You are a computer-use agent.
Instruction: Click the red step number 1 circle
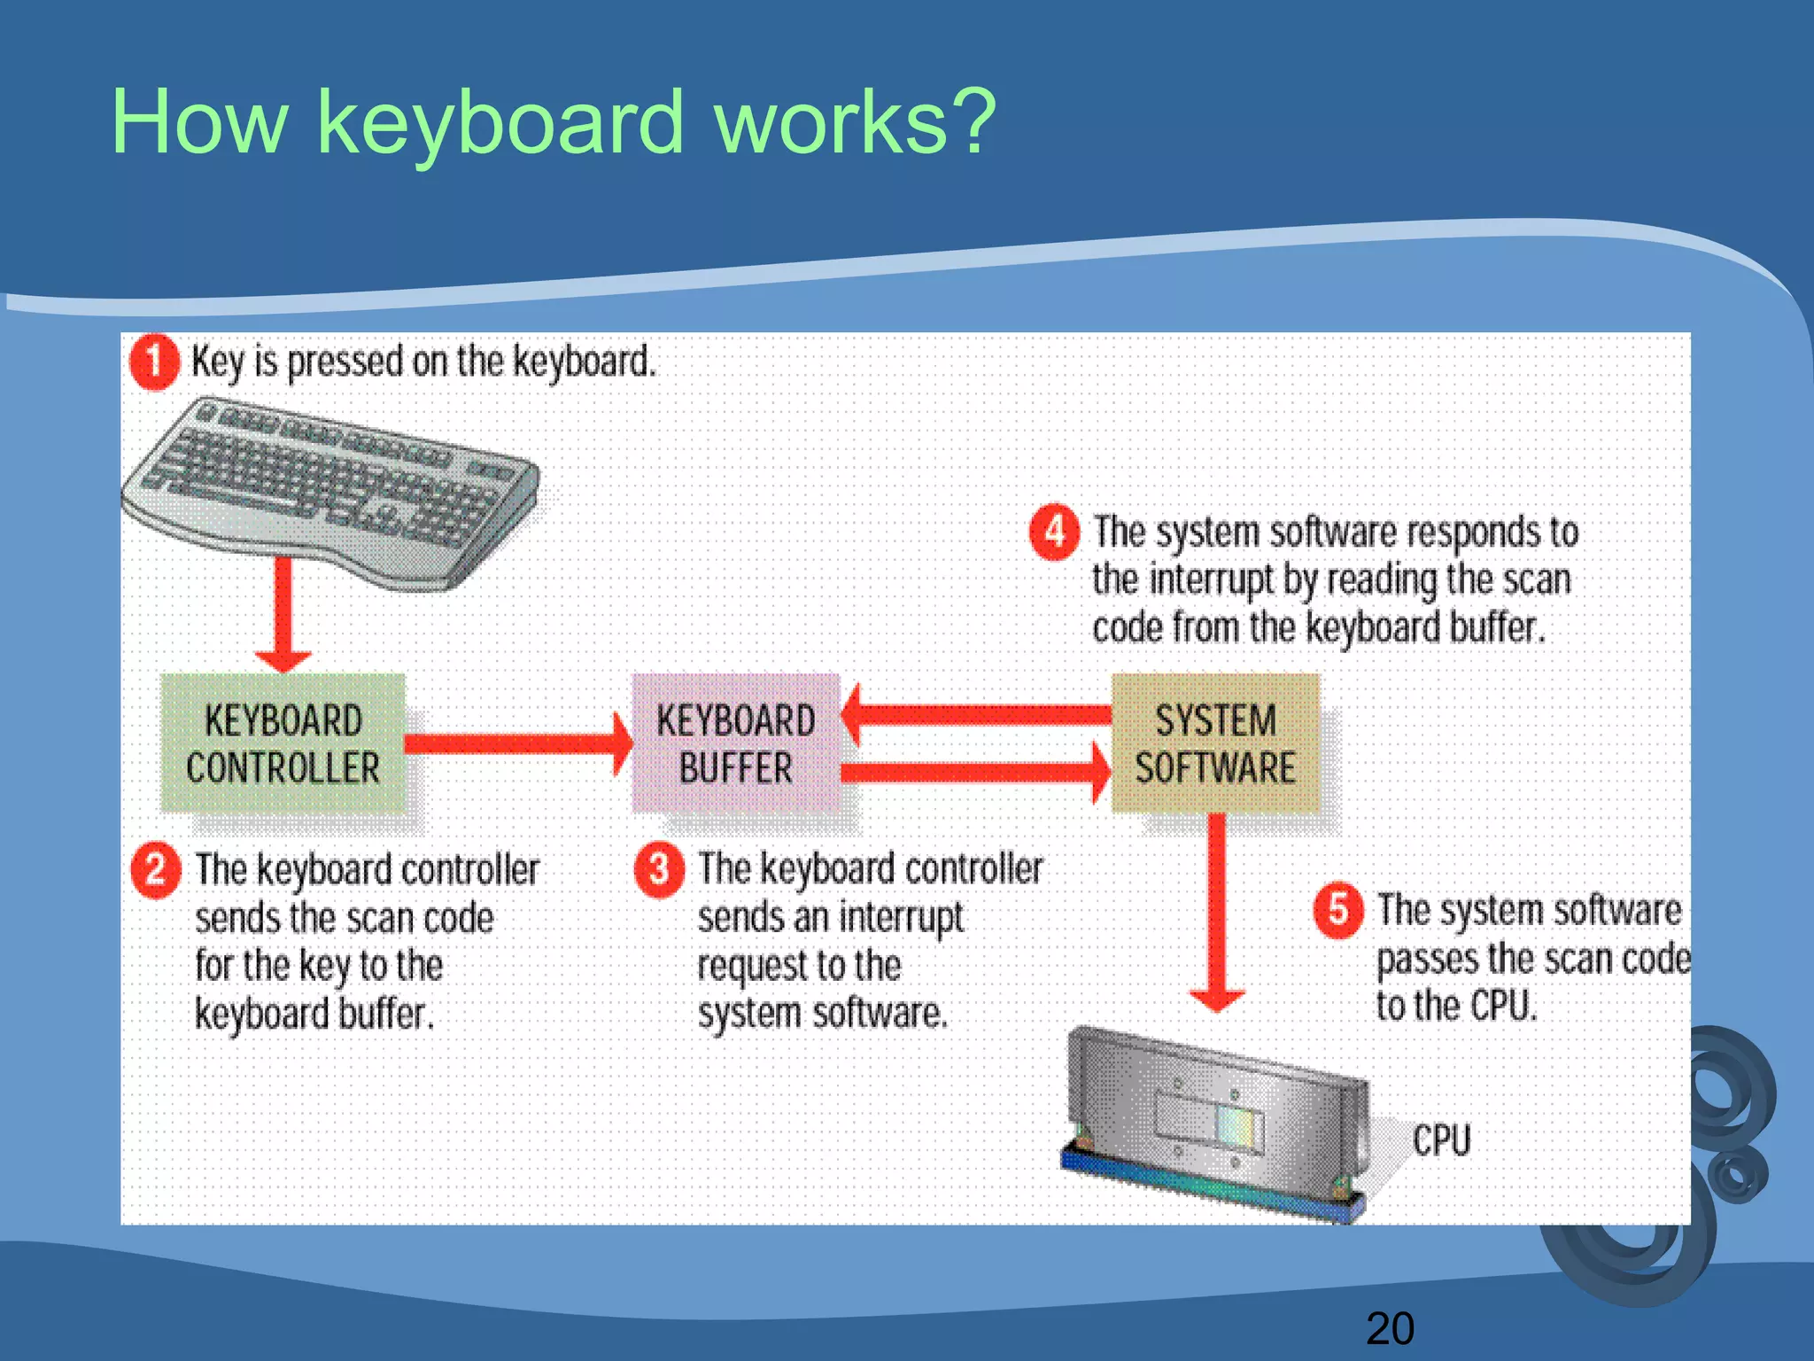click(x=154, y=362)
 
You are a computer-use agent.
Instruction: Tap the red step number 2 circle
click(x=156, y=870)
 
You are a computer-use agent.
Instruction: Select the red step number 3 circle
click(x=659, y=869)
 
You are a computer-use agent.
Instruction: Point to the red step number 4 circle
click(x=1054, y=533)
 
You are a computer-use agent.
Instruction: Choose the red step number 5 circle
click(x=1337, y=909)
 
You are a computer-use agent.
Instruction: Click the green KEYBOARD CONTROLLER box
click(x=283, y=743)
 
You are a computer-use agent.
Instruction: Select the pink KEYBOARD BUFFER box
click(x=735, y=743)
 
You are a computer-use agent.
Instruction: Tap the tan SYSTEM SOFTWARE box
click(x=1215, y=743)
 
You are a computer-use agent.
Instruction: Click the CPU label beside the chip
click(x=1441, y=1140)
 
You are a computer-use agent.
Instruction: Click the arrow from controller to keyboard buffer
click(x=518, y=743)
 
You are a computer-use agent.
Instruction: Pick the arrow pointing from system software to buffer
click(x=974, y=714)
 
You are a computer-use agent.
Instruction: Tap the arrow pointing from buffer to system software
click(x=974, y=773)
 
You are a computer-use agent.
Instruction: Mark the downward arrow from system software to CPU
click(x=1217, y=913)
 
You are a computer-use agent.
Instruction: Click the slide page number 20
click(x=1390, y=1328)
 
